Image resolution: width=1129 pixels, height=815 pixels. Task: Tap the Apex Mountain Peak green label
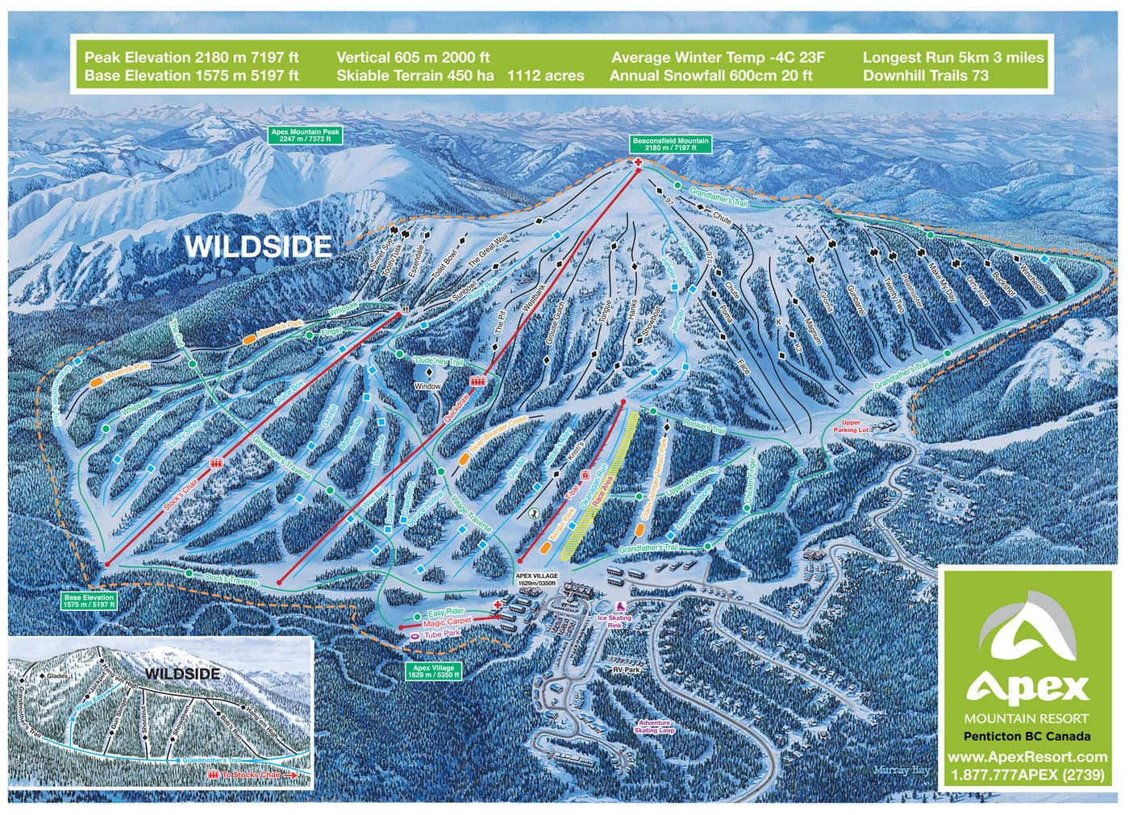[x=305, y=135]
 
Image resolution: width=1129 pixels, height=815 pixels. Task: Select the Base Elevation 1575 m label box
[x=90, y=600]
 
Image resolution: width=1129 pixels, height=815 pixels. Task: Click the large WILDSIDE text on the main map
[x=258, y=245]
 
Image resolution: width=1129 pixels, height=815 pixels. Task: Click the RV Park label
[x=624, y=669]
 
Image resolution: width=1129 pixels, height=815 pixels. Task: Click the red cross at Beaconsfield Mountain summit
[x=639, y=163]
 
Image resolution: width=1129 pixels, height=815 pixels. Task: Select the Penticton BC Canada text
[x=1027, y=736]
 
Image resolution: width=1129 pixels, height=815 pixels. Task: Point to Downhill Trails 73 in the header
[x=925, y=76]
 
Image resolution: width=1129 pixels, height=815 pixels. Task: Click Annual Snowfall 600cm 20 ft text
[x=710, y=76]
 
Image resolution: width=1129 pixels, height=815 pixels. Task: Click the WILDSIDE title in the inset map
[x=181, y=672]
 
